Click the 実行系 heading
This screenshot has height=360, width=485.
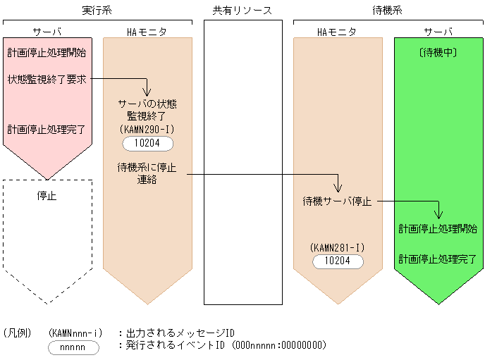pyautogui.click(x=97, y=11)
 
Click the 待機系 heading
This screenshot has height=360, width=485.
pyautogui.click(x=387, y=11)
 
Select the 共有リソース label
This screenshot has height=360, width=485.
pyautogui.click(x=242, y=11)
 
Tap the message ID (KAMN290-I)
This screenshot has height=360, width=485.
pyautogui.click(x=147, y=130)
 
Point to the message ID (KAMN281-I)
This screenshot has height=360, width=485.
pyautogui.click(x=338, y=247)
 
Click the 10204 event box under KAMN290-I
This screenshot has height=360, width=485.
pyautogui.click(x=147, y=144)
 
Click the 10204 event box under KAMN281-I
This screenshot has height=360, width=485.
pyautogui.click(x=338, y=261)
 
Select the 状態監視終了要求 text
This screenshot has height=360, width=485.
pyautogui.click(x=47, y=79)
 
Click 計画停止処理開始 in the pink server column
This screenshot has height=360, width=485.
pyautogui.click(x=47, y=53)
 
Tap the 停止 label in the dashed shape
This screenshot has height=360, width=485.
pyautogui.click(x=47, y=196)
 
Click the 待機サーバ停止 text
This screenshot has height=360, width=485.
pyautogui.click(x=338, y=201)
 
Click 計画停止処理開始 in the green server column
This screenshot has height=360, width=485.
pyautogui.click(x=438, y=229)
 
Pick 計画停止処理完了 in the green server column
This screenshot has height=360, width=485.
pyautogui.click(x=438, y=259)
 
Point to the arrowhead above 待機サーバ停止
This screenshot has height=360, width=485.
pyautogui.click(x=338, y=188)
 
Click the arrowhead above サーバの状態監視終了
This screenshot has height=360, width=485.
pyautogui.click(x=147, y=92)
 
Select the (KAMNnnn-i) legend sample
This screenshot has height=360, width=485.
pyautogui.click(x=77, y=332)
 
